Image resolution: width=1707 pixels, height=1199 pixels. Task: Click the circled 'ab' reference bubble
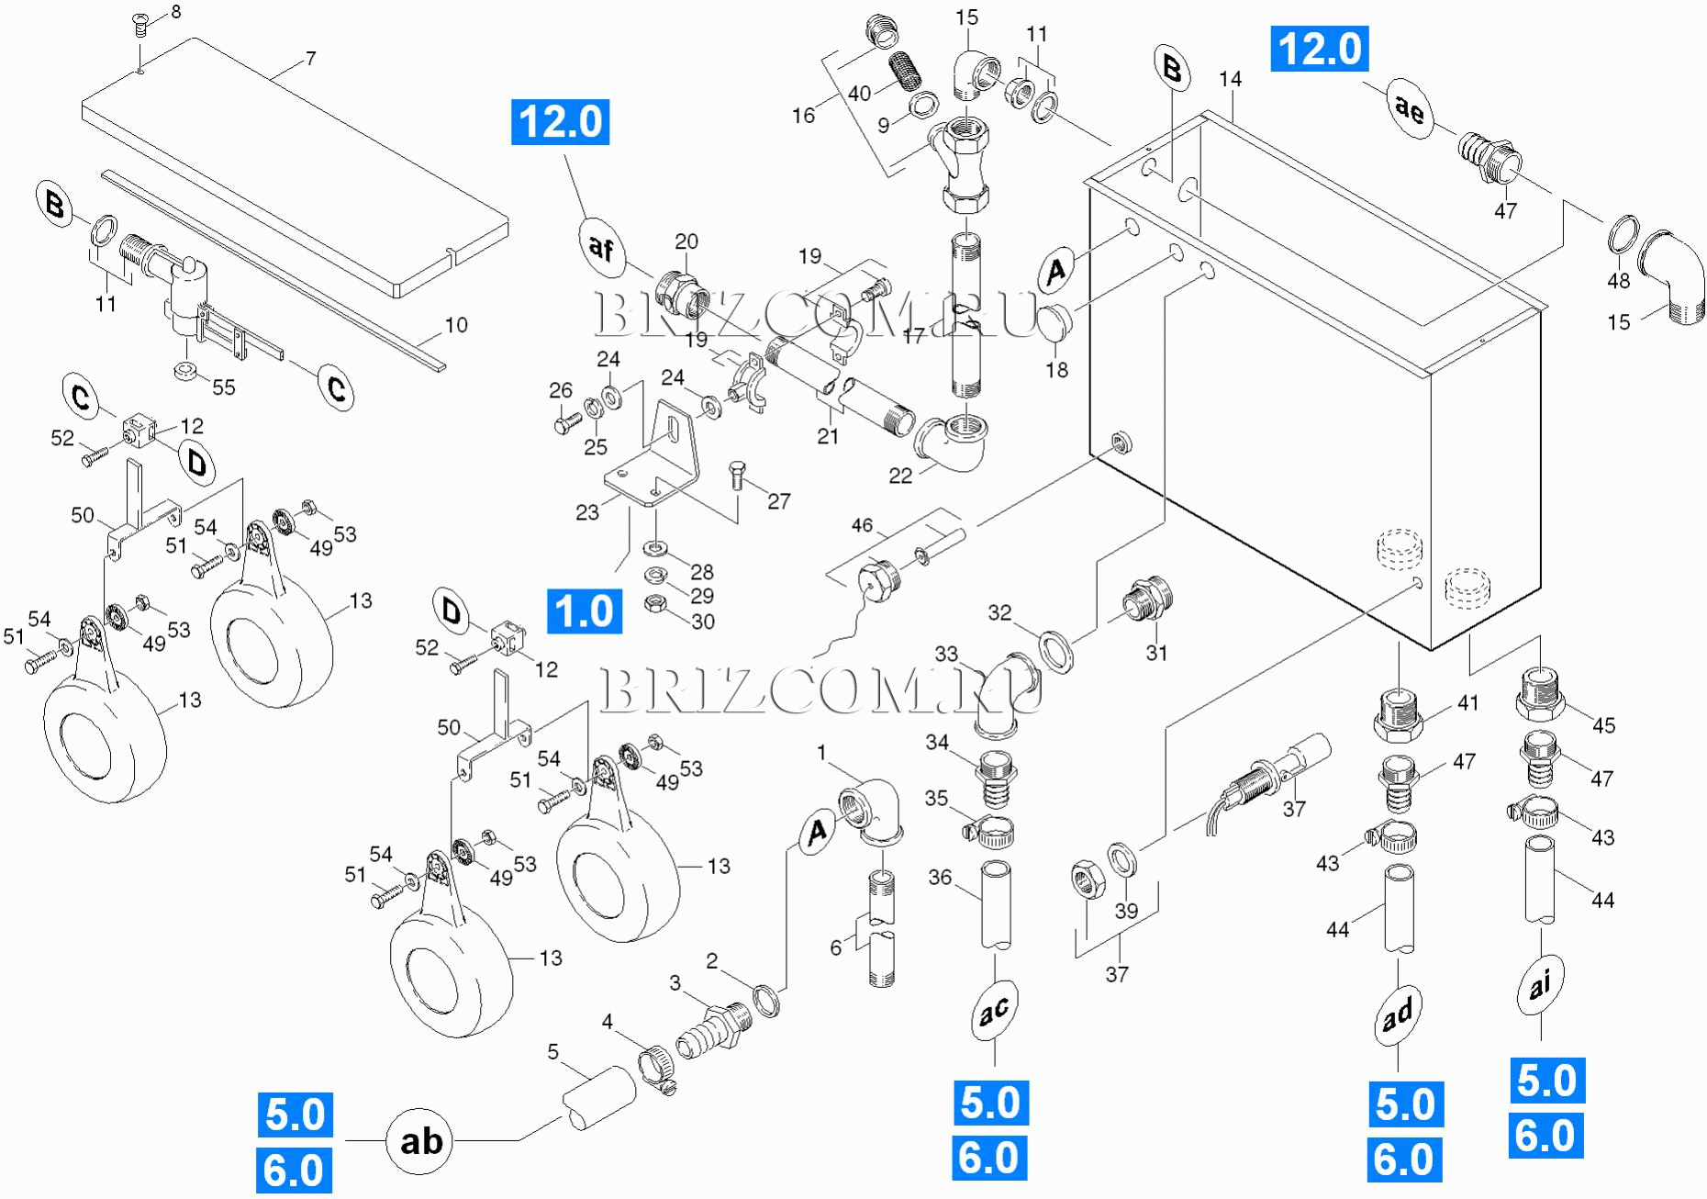click(420, 1141)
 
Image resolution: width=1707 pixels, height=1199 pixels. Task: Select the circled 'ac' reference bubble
click(994, 1011)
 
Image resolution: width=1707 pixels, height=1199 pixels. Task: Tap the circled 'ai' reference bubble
click(1540, 984)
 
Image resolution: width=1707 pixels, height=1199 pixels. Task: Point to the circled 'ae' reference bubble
click(1410, 108)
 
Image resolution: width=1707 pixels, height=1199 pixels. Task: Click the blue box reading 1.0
click(585, 611)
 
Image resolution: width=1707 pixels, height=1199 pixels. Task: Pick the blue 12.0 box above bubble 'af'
click(560, 122)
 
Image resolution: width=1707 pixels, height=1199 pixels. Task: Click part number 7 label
click(311, 59)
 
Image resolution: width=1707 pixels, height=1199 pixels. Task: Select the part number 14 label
click(1231, 80)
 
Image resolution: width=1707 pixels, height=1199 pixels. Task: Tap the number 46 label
click(862, 525)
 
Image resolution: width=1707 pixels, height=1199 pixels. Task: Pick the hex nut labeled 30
click(654, 603)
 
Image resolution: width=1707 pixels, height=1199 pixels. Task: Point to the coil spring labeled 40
click(907, 71)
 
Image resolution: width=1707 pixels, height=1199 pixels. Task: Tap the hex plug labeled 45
click(1540, 695)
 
